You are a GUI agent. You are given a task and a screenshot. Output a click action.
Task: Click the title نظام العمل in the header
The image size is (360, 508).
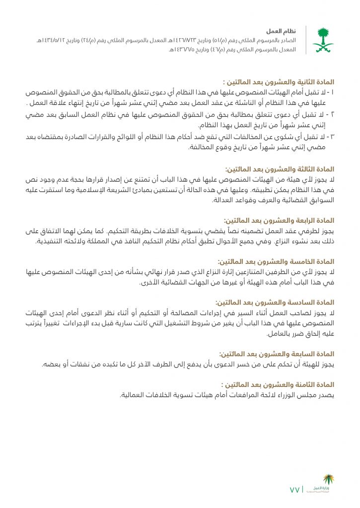pyautogui.click(x=285, y=31)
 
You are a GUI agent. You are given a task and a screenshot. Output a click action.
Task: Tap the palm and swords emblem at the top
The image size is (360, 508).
pyautogui.click(x=323, y=40)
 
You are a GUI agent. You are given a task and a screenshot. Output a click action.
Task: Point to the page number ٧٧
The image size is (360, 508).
pyautogui.click(x=294, y=490)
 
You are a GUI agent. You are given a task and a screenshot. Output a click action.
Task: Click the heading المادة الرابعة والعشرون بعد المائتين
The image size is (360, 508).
pyautogui.click(x=279, y=220)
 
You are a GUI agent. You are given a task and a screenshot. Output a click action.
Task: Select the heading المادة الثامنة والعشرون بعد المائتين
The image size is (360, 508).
pyautogui.click(x=278, y=384)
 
